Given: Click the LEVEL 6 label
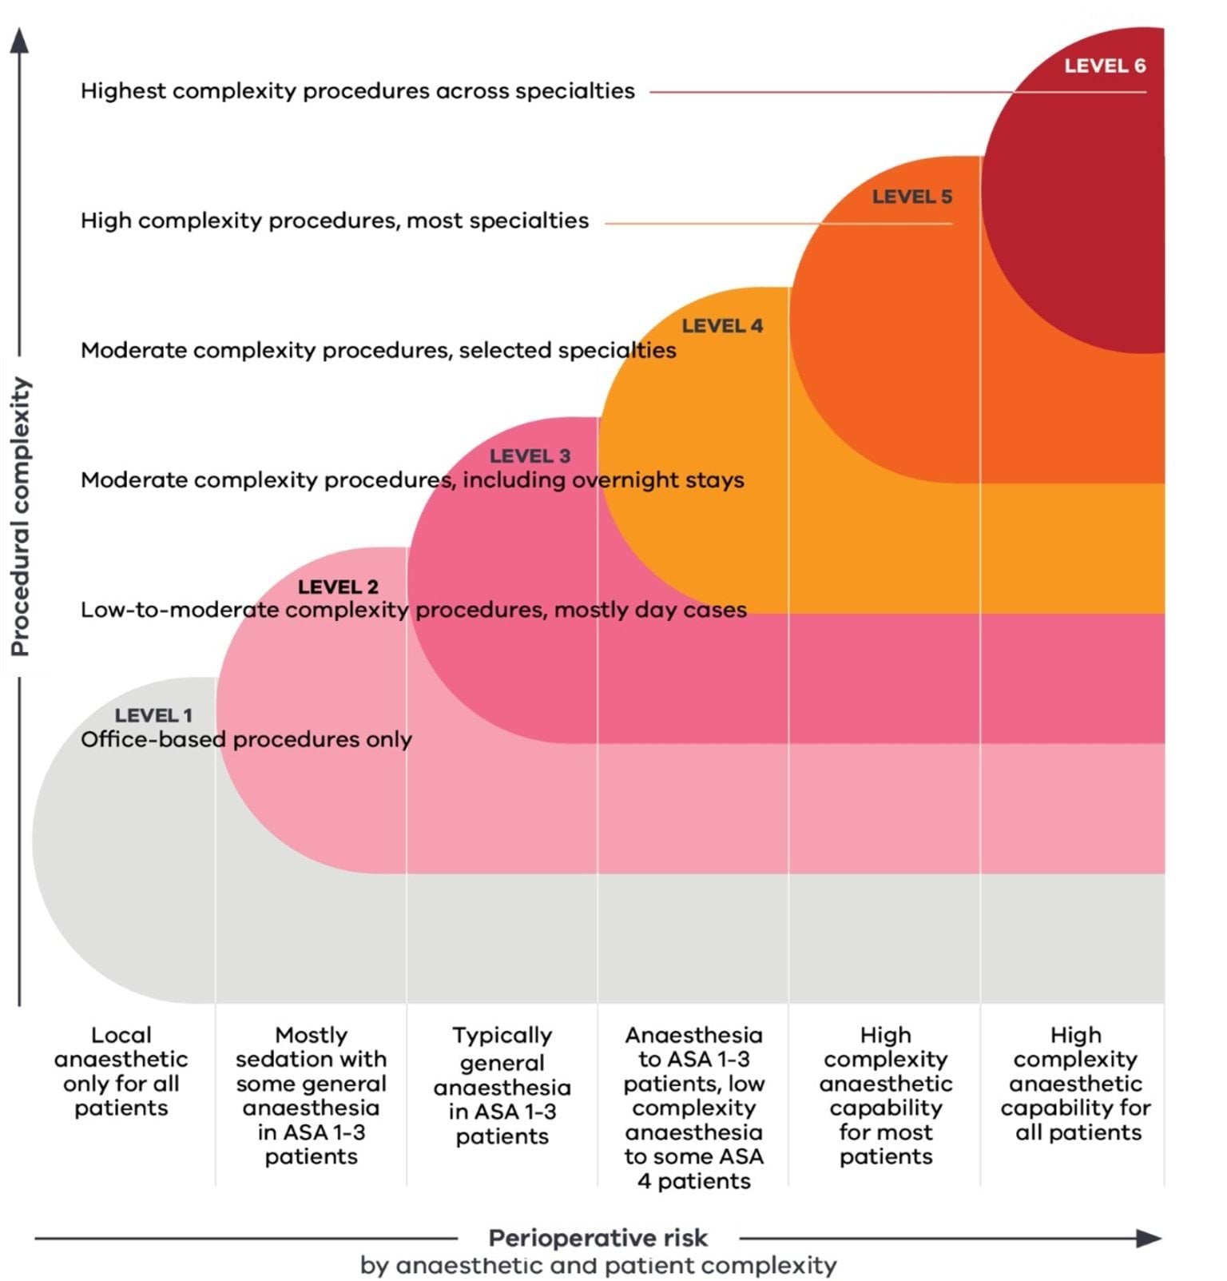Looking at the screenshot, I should pyautogui.click(x=1104, y=66).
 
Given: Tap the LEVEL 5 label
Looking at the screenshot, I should pyautogui.click(x=911, y=197).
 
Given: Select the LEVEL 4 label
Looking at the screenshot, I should pyautogui.click(x=721, y=326).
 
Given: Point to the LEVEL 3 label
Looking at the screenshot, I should pyautogui.click(x=530, y=456).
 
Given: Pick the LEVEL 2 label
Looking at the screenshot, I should pyautogui.click(x=338, y=587).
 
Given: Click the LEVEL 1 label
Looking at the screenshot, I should pyautogui.click(x=153, y=715).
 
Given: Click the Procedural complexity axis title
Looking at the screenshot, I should pyautogui.click(x=20, y=516).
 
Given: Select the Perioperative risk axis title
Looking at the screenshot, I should pyautogui.click(x=598, y=1238).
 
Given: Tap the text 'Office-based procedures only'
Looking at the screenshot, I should pyautogui.click(x=246, y=739).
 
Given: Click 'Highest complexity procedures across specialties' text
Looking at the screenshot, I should pyautogui.click(x=357, y=91).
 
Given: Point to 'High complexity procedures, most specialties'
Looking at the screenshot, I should pyautogui.click(x=334, y=221).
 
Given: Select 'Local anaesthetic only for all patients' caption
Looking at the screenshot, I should pyautogui.click(x=121, y=1071).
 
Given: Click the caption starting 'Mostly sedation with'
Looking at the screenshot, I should pyautogui.click(x=311, y=1095).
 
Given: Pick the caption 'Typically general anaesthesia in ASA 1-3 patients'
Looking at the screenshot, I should pyautogui.click(x=502, y=1084).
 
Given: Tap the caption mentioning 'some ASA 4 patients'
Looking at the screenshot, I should pyautogui.click(x=693, y=1108).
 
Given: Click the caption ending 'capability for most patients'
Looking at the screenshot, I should pyautogui.click(x=885, y=1095).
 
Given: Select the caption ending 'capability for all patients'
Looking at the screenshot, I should pyautogui.click(x=1075, y=1083).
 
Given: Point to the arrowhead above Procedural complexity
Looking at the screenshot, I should pyautogui.click(x=19, y=41).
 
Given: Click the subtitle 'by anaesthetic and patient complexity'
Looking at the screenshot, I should pyautogui.click(x=598, y=1266).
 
